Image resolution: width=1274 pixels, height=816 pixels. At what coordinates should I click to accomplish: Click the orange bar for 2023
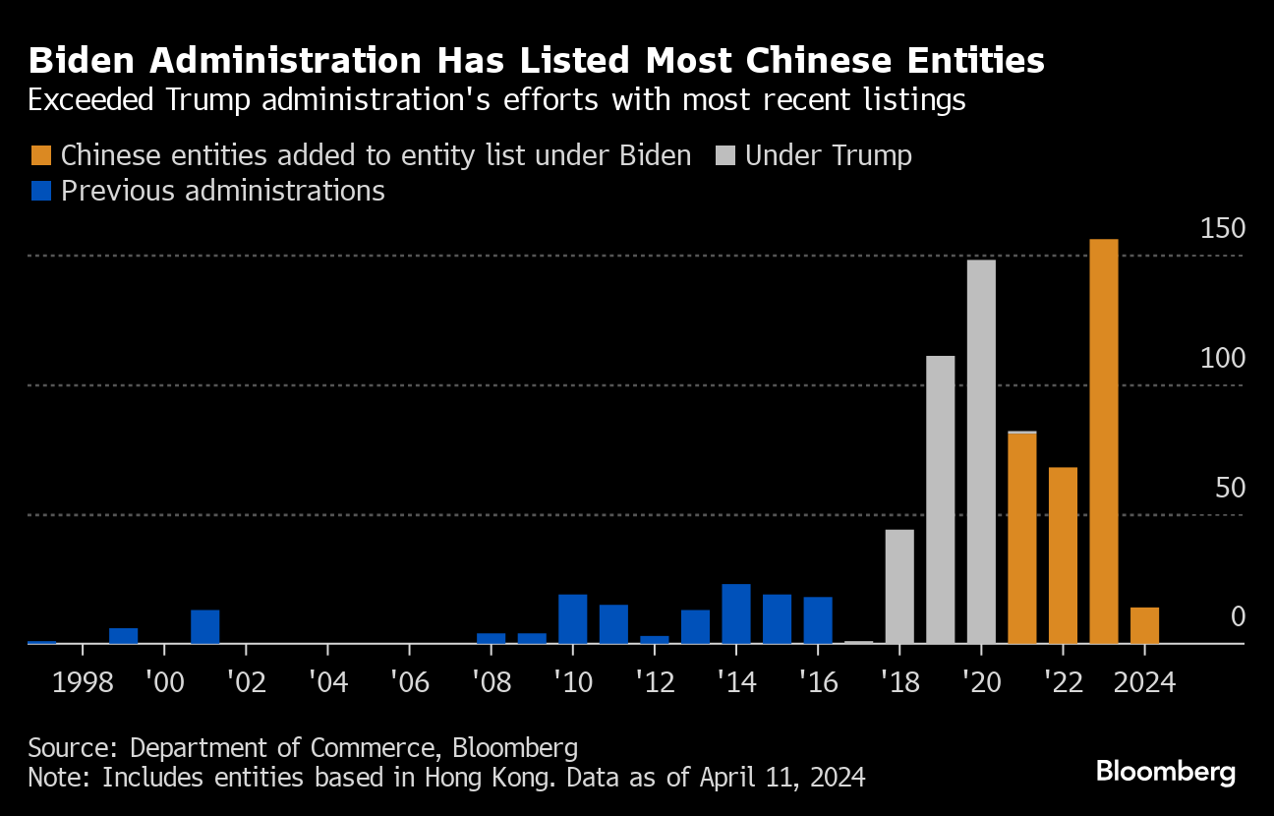(x=1104, y=441)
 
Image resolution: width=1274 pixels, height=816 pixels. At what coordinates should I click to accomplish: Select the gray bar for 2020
(x=981, y=451)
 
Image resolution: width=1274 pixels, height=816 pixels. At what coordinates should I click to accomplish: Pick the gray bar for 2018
(x=899, y=587)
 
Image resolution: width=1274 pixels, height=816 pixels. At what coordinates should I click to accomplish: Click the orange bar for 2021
(x=1022, y=539)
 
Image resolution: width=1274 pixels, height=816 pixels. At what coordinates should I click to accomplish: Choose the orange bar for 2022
(x=1063, y=555)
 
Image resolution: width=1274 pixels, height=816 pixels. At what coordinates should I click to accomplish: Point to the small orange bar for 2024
(x=1144, y=625)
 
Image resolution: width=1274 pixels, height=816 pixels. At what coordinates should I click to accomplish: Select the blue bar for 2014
(x=736, y=613)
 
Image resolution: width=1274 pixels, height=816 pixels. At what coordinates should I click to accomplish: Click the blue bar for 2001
(x=205, y=626)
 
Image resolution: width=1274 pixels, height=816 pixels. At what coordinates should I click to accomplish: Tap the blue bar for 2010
(x=573, y=618)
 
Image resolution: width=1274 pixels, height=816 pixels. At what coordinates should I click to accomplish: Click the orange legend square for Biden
(x=40, y=155)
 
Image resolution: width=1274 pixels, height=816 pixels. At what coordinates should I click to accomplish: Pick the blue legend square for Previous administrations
(x=40, y=190)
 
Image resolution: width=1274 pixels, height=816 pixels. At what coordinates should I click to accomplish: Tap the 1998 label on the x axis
(x=84, y=682)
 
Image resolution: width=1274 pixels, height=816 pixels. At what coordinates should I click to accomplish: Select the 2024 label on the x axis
(x=1144, y=682)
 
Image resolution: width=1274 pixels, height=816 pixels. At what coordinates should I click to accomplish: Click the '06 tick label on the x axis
(x=409, y=682)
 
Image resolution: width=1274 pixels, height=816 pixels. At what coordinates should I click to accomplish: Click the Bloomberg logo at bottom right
(x=1166, y=772)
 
